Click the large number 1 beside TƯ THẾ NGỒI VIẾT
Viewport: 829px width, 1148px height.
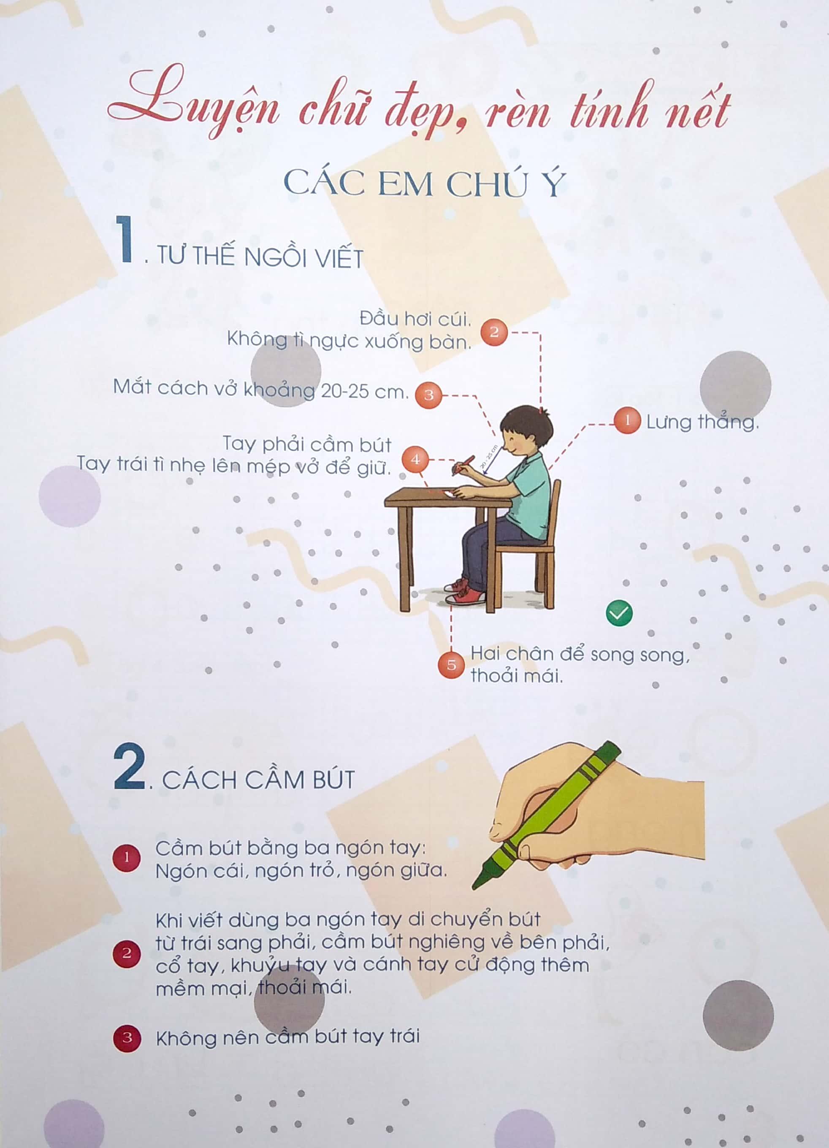(x=125, y=239)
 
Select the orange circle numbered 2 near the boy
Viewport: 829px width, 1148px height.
(x=494, y=332)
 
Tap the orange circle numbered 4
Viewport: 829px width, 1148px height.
(x=415, y=459)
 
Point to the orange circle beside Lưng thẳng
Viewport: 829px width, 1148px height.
(x=628, y=421)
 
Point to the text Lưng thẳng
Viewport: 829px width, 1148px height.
(x=702, y=421)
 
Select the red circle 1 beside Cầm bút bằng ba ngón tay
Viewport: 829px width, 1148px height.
(x=127, y=858)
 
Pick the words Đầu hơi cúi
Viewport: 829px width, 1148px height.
(x=415, y=319)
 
